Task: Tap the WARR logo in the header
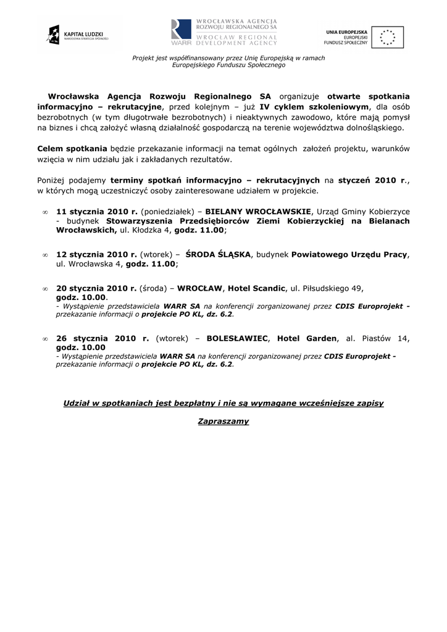(224, 33)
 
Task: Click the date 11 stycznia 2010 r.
(96, 210)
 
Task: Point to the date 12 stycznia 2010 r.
(96, 254)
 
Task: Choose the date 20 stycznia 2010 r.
(96, 288)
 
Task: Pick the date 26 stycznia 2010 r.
(102, 338)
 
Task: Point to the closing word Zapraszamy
(223, 422)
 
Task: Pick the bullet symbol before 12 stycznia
(44, 254)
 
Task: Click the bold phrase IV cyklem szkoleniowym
(313, 106)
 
